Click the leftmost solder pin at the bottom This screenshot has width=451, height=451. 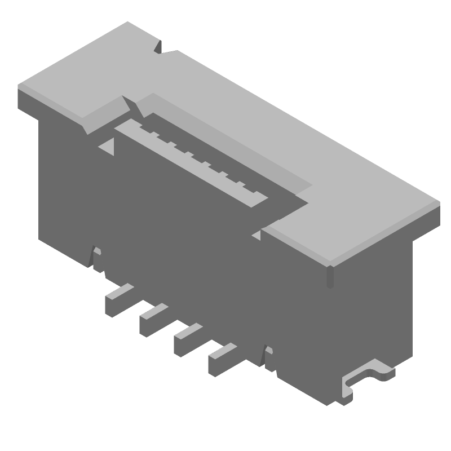(x=118, y=299)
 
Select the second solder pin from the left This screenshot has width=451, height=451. (x=153, y=319)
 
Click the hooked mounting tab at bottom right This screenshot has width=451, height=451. (x=366, y=376)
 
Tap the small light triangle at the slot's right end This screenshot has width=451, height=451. (x=257, y=235)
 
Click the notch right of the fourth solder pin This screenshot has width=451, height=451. (x=269, y=358)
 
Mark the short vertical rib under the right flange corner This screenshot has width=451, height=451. (x=330, y=276)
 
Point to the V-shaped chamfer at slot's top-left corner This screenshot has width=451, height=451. (x=127, y=104)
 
